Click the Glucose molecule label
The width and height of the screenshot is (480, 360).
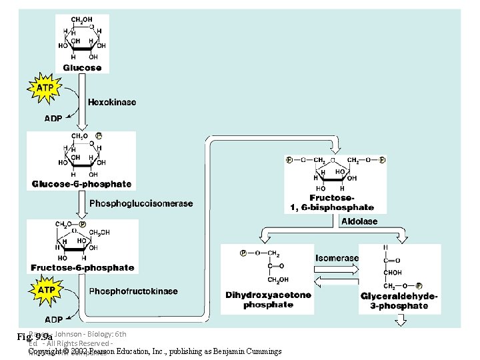82,68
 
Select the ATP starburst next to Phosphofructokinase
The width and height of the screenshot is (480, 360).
45,291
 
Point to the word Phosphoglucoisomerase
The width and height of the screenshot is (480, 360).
141,203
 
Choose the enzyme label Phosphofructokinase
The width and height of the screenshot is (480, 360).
133,291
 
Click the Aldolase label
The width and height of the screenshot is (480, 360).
359,221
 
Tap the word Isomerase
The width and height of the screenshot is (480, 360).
337,257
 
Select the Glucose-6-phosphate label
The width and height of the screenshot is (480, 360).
81,184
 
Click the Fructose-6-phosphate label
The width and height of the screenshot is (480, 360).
82,268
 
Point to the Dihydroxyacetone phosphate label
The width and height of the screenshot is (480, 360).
268,300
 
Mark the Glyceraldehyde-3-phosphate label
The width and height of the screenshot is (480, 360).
399,301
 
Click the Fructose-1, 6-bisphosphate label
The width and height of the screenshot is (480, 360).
332,203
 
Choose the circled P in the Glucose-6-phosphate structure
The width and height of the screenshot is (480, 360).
99,135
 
